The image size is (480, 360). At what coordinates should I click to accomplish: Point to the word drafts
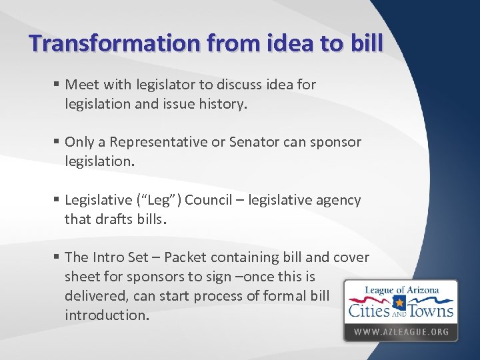112,219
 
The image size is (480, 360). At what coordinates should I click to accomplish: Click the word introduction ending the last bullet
106,315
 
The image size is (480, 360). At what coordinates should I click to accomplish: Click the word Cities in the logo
371,311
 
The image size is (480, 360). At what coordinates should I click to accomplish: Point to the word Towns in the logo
432,311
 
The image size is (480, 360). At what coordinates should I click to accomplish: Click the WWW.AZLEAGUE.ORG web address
401,332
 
